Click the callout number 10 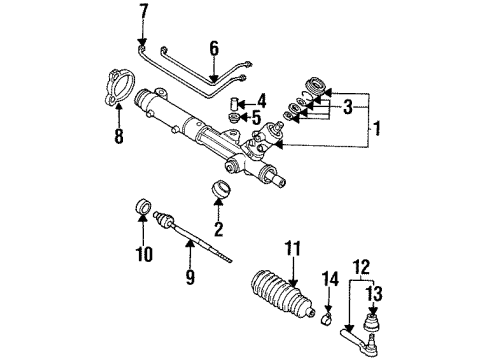[144, 254]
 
